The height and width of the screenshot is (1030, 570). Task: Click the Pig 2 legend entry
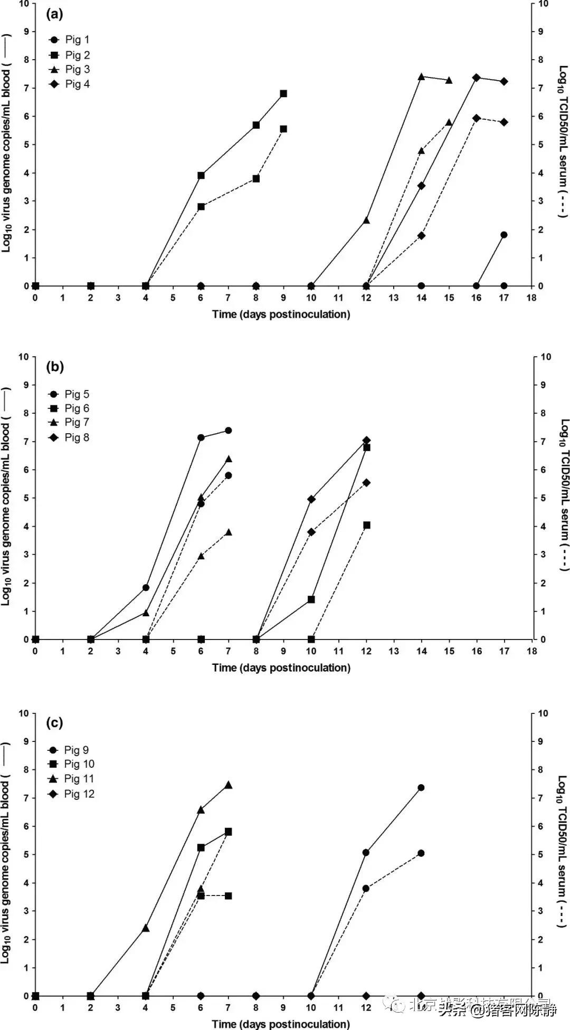tap(70, 55)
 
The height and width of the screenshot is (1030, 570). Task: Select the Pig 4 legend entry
tap(70, 84)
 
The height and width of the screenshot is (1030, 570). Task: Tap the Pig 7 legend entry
tap(70, 422)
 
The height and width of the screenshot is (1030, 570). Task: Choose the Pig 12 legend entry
tap(72, 794)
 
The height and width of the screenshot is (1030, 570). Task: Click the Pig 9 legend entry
tap(70, 750)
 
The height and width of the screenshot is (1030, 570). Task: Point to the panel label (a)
tap(54, 14)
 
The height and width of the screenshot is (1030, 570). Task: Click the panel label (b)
tap(54, 367)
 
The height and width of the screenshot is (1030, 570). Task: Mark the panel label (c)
tap(54, 722)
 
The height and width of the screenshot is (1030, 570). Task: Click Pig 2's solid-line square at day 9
tap(283, 93)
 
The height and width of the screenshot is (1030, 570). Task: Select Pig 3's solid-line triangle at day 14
tap(421, 77)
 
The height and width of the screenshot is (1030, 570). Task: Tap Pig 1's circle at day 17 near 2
tap(504, 235)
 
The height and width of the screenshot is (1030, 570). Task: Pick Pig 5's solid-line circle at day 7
tap(229, 430)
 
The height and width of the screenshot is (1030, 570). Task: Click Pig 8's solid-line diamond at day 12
tap(366, 440)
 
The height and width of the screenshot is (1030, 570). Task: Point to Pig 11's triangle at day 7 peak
tap(229, 785)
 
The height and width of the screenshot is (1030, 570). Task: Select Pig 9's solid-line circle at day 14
tap(421, 787)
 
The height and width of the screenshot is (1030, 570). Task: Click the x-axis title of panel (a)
tap(281, 314)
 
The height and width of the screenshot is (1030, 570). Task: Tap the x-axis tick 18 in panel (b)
tap(531, 651)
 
